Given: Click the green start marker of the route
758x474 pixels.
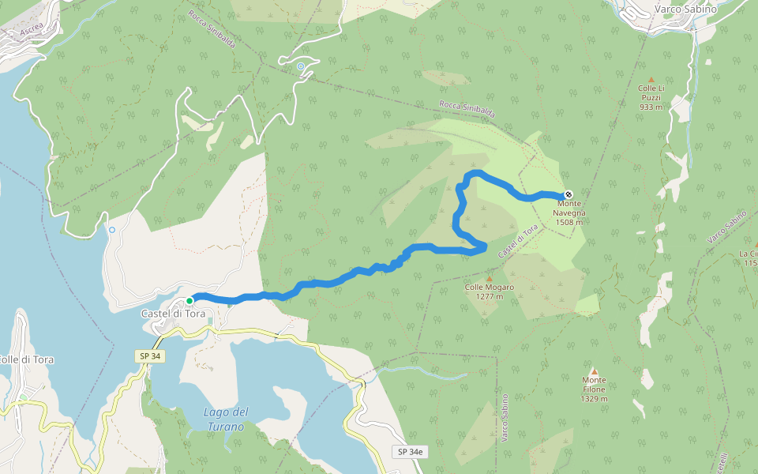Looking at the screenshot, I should [189, 301].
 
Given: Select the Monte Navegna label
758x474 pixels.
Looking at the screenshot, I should [568, 209].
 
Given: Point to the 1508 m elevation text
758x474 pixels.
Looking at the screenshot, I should [568, 223].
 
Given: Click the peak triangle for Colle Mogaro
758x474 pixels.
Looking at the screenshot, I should [490, 279].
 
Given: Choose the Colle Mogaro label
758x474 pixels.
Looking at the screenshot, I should [490, 288].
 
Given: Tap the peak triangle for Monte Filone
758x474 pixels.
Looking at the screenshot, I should [594, 371].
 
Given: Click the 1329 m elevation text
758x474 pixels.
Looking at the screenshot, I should [594, 399].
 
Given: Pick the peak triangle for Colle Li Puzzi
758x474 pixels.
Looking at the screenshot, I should [651, 80].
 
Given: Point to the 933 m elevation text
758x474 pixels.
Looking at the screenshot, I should [651, 107].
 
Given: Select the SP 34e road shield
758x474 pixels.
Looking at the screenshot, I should [410, 452].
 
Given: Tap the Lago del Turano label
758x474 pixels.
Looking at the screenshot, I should [226, 419].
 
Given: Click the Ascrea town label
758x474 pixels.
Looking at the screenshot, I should [32, 29].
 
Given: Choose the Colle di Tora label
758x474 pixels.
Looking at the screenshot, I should [25, 359].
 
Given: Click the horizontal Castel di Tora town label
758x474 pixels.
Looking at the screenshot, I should [173, 314].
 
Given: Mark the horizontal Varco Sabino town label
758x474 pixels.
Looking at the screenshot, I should [685, 9].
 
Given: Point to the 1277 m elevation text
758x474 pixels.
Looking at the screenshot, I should [490, 297].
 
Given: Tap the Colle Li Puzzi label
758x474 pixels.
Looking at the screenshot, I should [651, 93].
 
